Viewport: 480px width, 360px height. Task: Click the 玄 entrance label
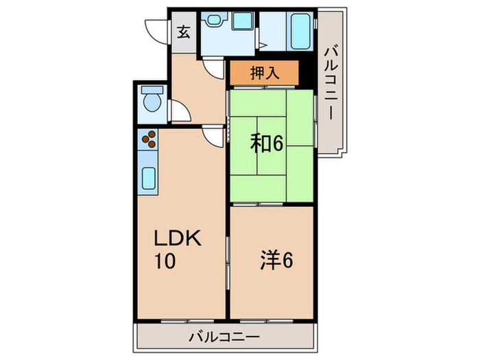[x=184, y=32]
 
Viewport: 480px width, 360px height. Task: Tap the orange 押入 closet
[x=264, y=72]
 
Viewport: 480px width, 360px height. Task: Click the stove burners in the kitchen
[x=149, y=141]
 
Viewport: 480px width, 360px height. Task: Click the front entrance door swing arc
[x=156, y=31]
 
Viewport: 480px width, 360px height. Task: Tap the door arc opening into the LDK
[x=217, y=135]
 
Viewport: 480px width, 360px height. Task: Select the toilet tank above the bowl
[x=149, y=91]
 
